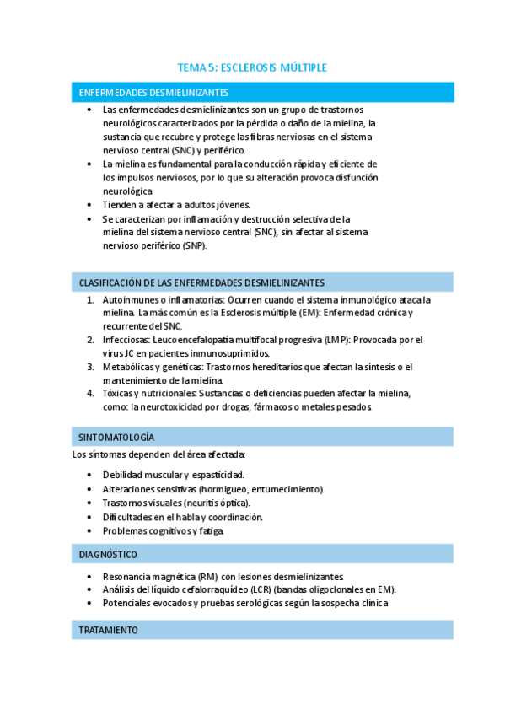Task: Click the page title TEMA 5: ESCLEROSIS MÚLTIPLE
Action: point(252,67)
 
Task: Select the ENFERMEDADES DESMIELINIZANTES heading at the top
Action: point(153,92)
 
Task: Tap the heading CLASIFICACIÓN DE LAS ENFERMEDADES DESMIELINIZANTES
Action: point(201,282)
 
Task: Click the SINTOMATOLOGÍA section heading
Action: point(116,438)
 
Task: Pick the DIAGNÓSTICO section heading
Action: point(108,555)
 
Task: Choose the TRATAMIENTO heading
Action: point(109,630)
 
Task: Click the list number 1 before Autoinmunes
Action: point(90,300)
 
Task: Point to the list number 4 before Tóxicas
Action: point(90,394)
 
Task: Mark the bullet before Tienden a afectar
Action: point(90,205)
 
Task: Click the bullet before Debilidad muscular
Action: point(90,475)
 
